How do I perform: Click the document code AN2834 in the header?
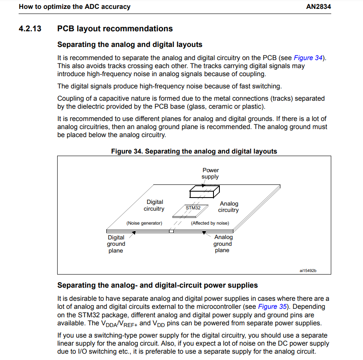(x=318, y=7)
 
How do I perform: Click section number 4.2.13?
(x=31, y=29)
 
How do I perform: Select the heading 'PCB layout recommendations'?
(x=115, y=29)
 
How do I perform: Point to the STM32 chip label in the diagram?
(x=193, y=208)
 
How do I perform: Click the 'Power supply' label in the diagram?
(x=211, y=173)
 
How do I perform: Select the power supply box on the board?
(x=204, y=192)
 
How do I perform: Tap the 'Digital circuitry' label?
(x=154, y=206)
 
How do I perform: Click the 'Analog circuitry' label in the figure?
(x=229, y=207)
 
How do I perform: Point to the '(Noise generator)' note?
(x=144, y=223)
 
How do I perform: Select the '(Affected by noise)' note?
(x=210, y=223)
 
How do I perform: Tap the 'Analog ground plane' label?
(x=223, y=244)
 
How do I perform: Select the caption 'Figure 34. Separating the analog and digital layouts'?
(x=194, y=151)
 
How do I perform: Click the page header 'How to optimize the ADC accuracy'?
(x=75, y=7)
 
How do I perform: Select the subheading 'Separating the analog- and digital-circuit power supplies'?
(x=157, y=286)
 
